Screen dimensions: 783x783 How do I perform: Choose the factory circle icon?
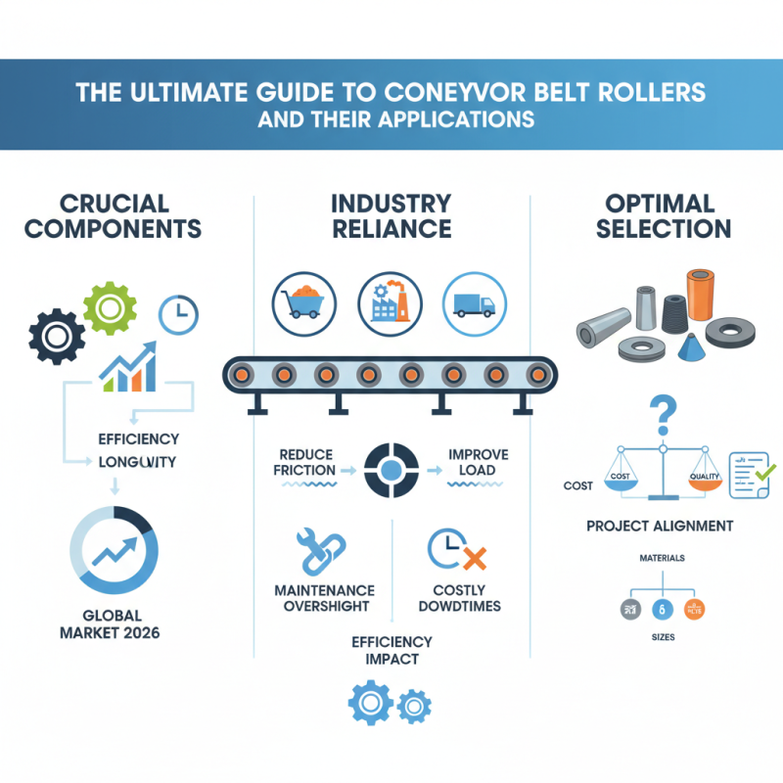[x=390, y=298]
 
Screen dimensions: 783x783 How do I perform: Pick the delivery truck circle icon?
[x=474, y=298]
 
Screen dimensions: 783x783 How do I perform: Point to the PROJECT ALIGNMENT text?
[x=660, y=526]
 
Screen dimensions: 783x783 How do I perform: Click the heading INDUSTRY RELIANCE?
[x=391, y=216]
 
